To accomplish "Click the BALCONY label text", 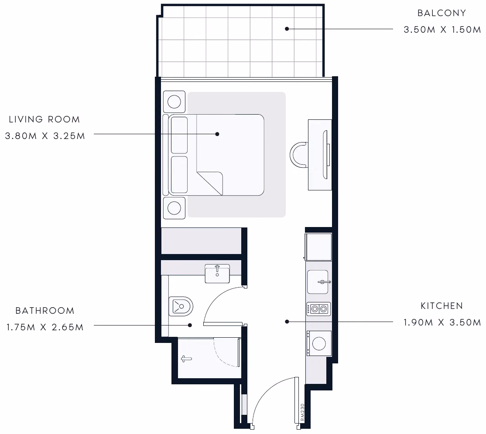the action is click(x=442, y=13).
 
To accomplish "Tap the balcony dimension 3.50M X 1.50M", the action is click(x=442, y=30).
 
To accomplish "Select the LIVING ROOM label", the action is click(x=44, y=119).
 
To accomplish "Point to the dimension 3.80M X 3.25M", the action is click(x=45, y=136).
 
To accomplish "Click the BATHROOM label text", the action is click(x=45, y=311).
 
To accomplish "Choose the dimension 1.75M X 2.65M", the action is click(x=45, y=327).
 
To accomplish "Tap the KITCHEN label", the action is click(x=442, y=306).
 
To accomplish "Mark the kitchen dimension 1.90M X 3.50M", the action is click(x=442, y=322).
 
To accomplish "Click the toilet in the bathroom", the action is click(x=181, y=306).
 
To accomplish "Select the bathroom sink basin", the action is click(x=217, y=274).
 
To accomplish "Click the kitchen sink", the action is click(x=318, y=282).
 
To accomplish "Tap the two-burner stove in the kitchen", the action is click(x=318, y=309).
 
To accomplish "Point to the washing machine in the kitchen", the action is click(x=319, y=343).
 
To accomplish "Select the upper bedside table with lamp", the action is click(x=174, y=102).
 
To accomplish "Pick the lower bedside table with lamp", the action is click(x=174, y=208).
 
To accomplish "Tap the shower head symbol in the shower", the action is click(x=186, y=359).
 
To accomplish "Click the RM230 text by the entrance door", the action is click(x=302, y=412).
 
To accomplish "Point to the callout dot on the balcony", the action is click(x=287, y=29).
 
